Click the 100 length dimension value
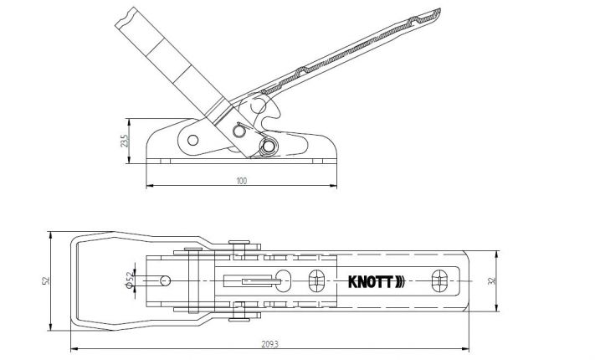pos(242,181)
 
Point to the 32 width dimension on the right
pos(501,280)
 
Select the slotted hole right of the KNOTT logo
pos(439,280)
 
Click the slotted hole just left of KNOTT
pos(316,280)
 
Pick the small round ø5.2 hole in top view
pos(166,280)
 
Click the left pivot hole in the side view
pos(193,139)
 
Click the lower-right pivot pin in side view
pos(269,147)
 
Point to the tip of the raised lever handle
pos(438,13)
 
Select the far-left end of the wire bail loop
pos(70,280)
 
